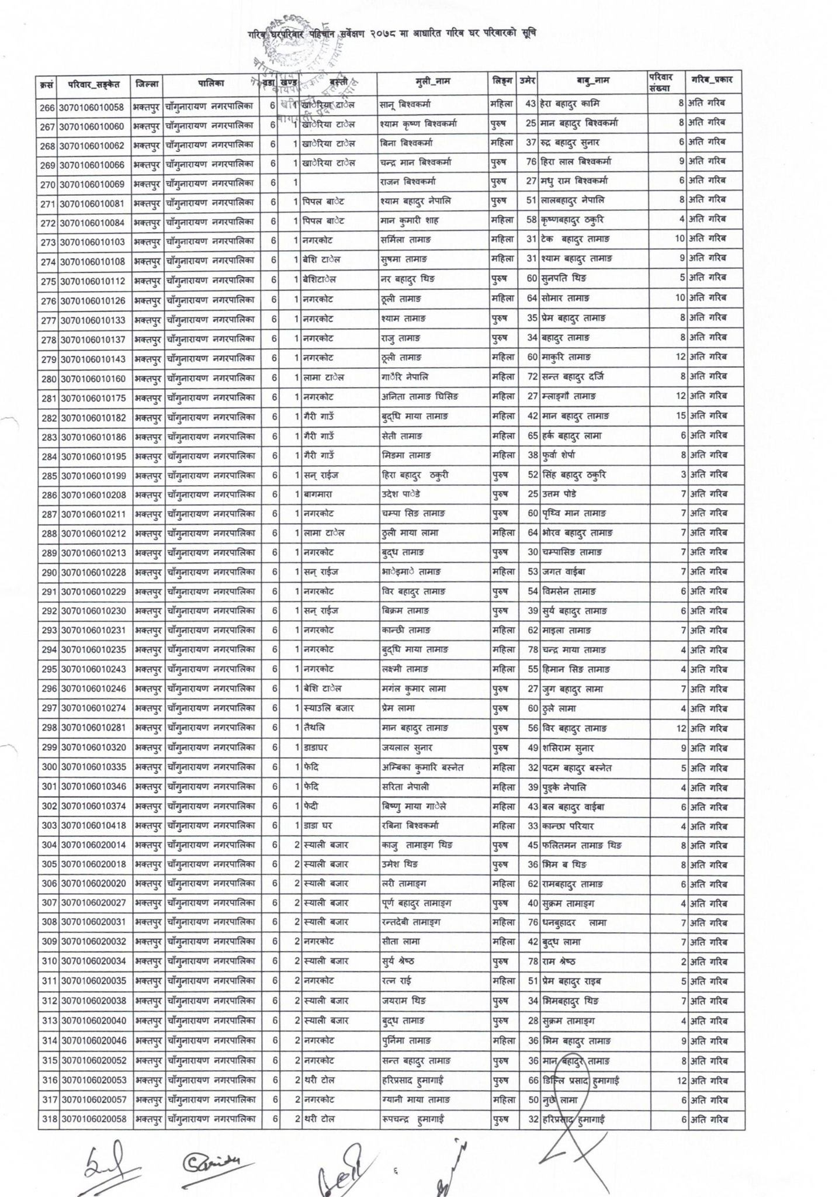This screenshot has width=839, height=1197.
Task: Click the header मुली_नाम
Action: pos(433,82)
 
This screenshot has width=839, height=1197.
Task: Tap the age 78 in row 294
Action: pos(532,650)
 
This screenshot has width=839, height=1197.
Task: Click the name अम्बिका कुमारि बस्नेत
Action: pos(421,767)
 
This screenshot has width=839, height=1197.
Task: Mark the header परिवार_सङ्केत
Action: pos(93,84)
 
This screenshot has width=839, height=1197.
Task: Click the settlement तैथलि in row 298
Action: pos(314,728)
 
